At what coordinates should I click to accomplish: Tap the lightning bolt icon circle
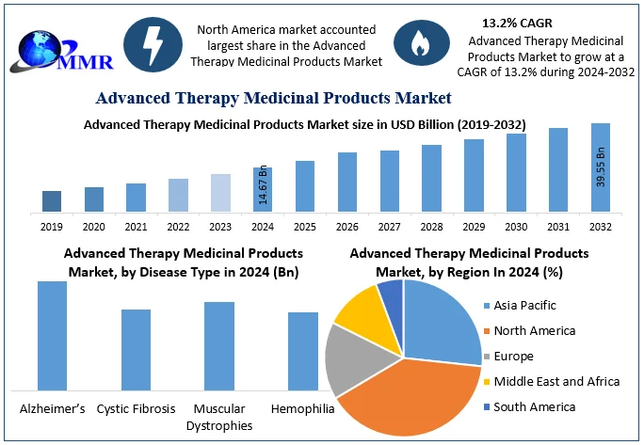[153, 44]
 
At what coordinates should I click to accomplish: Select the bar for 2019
[52, 201]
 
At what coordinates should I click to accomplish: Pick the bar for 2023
[220, 193]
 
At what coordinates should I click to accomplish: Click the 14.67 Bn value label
[263, 185]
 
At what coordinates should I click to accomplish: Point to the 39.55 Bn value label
[600, 166]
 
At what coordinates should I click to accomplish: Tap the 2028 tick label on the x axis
[431, 227]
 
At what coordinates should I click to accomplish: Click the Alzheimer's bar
[52, 335]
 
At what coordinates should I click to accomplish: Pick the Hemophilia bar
[303, 351]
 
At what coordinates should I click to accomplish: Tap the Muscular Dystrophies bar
[219, 345]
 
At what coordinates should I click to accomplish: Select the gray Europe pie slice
[349, 358]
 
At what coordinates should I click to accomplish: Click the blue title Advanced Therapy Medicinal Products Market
[273, 98]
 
